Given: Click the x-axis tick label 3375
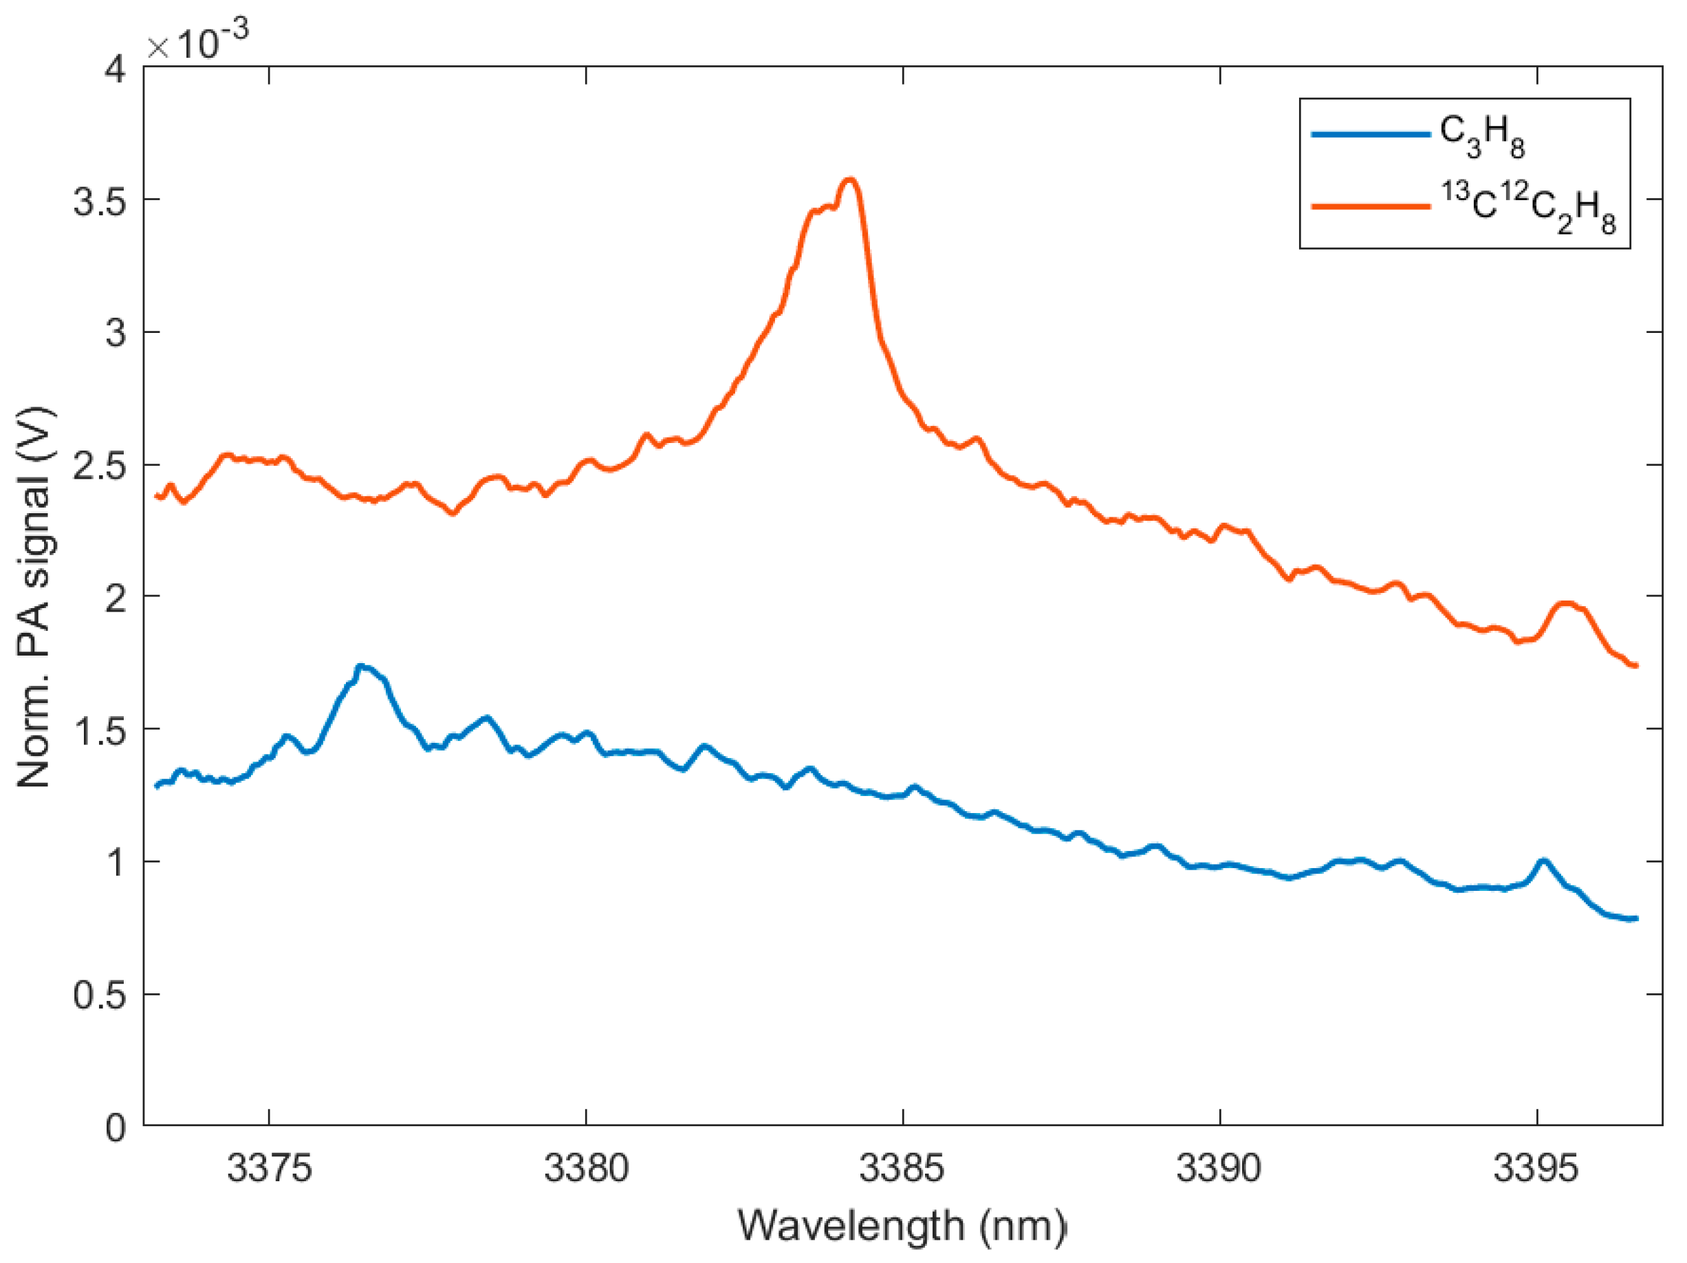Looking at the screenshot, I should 269,1167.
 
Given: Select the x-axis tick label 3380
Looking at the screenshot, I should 586,1167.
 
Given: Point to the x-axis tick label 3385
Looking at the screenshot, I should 902,1167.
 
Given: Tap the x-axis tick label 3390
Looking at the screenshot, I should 1219,1167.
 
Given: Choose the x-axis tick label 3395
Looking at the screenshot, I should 1535,1167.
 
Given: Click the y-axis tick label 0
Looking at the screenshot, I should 116,1127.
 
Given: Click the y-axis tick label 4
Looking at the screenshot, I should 116,69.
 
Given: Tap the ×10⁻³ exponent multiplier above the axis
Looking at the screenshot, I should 197,41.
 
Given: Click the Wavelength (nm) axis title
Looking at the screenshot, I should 902,1226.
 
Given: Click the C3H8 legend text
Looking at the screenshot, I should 1482,136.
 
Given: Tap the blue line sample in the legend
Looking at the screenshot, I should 1370,135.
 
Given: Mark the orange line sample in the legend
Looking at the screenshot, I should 1370,206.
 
